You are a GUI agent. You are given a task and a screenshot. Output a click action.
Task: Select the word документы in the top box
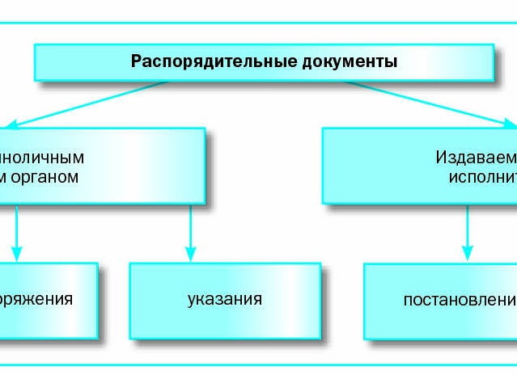click(344, 61)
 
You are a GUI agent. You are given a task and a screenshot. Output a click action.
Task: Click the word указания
click(224, 299)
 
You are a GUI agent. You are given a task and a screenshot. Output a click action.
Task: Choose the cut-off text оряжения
click(36, 299)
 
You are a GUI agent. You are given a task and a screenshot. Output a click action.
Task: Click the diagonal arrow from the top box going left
click(89, 103)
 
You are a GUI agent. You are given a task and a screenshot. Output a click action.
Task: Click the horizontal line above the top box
click(259, 23)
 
